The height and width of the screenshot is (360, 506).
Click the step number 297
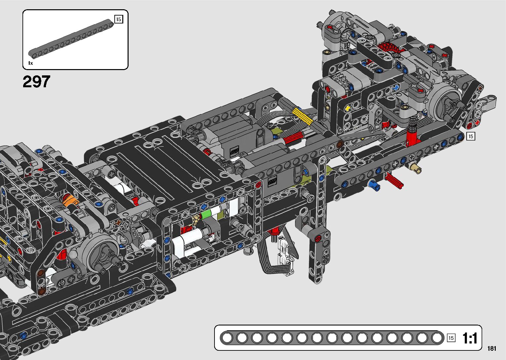[x=36, y=82]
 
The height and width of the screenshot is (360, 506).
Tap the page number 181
[x=491, y=348]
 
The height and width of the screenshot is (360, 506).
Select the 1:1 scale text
[x=470, y=338]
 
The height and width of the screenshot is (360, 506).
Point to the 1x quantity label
[x=30, y=63]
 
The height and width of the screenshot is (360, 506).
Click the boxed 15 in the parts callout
[x=119, y=19]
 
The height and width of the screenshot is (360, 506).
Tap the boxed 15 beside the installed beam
[x=471, y=136]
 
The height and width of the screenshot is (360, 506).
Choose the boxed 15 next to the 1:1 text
[x=451, y=338]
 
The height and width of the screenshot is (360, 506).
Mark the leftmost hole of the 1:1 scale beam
[x=227, y=338]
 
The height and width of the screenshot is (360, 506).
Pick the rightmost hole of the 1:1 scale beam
[x=437, y=338]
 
